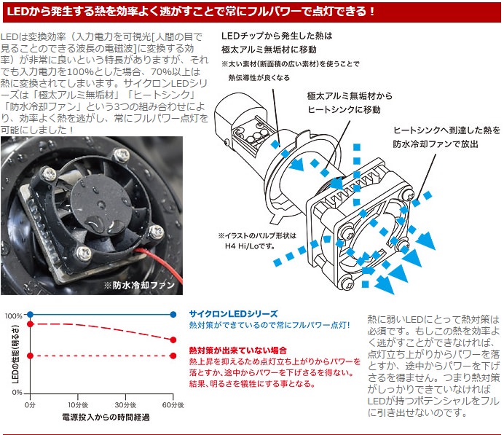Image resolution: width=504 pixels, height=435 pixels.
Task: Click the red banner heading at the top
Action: click(252, 12)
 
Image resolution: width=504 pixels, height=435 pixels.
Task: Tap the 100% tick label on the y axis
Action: click(14, 316)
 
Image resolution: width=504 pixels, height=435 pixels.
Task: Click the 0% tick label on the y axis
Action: click(17, 393)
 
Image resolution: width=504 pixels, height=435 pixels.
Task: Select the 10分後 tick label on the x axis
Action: click(78, 405)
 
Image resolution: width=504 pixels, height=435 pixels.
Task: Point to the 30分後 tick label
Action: click(125, 405)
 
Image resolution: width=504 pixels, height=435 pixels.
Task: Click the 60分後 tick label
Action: click(173, 405)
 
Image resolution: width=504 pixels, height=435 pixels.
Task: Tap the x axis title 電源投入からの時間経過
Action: click(106, 418)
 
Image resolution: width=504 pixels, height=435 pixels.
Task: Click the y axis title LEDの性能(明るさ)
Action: click(15, 353)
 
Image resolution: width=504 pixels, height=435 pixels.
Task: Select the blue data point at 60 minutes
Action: click(173, 315)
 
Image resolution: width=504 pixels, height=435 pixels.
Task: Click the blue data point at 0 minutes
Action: click(30, 315)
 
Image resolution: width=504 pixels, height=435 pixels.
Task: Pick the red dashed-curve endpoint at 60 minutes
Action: click(173, 340)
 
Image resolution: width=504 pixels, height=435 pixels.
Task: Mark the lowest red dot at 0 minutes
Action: click(30, 356)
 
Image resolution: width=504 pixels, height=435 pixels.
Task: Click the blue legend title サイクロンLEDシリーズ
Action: click(233, 314)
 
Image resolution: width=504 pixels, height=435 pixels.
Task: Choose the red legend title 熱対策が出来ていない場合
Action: click(238, 350)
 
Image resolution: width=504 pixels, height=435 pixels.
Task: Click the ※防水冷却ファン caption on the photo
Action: click(139, 285)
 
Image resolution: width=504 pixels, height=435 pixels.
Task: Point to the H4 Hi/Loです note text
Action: click(250, 246)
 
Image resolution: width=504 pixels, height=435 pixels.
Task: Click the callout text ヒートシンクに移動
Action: click(344, 110)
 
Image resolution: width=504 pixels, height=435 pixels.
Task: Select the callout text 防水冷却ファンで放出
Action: click(436, 144)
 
